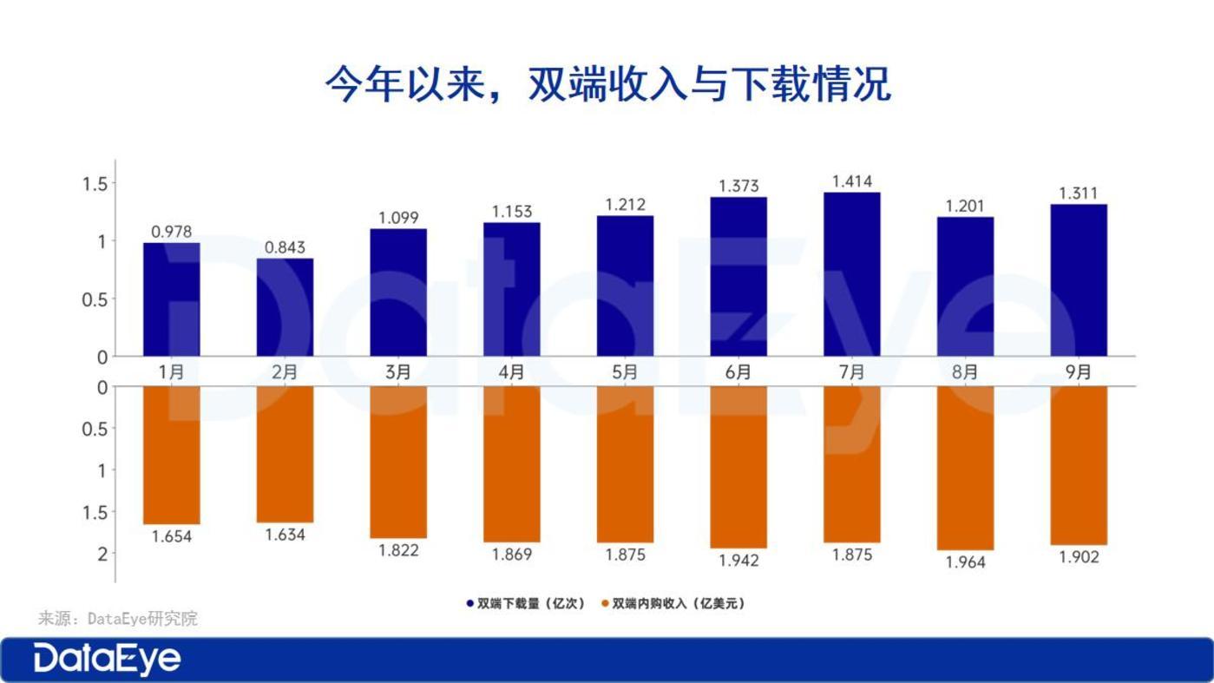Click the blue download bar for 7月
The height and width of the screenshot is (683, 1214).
click(x=851, y=274)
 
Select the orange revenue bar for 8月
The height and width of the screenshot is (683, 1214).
click(x=965, y=468)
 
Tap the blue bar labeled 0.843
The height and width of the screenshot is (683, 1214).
click(x=285, y=307)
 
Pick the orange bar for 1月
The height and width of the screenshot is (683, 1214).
click(x=171, y=455)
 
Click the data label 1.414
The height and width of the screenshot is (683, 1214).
click(x=851, y=181)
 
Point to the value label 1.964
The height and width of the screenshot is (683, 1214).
click(x=965, y=562)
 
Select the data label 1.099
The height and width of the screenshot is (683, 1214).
click(x=398, y=218)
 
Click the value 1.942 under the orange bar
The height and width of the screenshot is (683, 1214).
click(x=738, y=561)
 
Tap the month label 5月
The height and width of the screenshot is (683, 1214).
click(x=625, y=371)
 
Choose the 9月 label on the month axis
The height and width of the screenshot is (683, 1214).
click(x=1079, y=371)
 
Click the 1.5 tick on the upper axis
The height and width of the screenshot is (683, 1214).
click(x=95, y=184)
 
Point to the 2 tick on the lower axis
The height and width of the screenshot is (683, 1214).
click(x=102, y=554)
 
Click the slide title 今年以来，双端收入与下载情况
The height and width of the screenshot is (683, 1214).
click(x=607, y=85)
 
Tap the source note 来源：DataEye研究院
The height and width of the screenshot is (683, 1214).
click(x=118, y=619)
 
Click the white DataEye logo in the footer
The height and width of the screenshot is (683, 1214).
click(x=108, y=660)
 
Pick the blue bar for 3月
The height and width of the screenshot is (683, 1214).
click(x=398, y=292)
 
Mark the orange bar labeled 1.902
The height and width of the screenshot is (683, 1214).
click(x=1079, y=465)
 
